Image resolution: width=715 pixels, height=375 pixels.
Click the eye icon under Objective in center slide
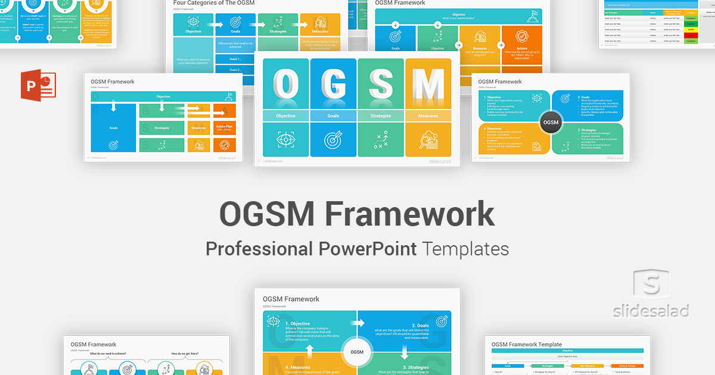point(286,140)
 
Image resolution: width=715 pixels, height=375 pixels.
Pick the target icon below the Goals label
point(333,140)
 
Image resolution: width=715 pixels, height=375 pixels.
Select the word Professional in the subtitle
point(259,248)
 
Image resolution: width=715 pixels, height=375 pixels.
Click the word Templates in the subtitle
point(465,248)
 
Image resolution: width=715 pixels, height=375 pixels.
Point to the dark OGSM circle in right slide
point(551,122)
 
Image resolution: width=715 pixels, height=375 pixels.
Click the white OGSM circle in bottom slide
point(357,352)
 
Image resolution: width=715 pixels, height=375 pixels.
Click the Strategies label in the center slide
point(380,116)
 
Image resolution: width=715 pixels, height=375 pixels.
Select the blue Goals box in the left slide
point(113,127)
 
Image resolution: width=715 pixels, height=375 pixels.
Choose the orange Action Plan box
point(225,127)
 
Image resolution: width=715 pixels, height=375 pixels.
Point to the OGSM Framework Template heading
point(527,344)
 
